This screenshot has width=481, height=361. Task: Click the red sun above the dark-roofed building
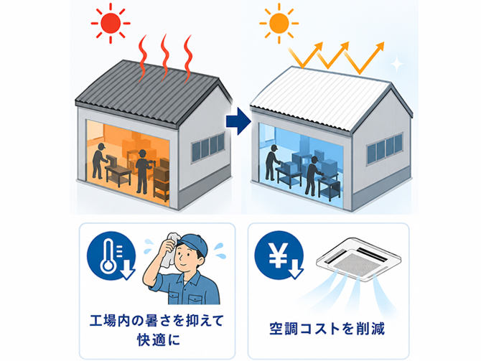(111, 23)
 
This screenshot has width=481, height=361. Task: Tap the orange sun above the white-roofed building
(279, 23)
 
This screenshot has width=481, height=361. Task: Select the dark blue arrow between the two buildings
(238, 121)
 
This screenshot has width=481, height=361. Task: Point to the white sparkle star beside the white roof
(396, 64)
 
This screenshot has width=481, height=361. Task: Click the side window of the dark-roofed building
(208, 147)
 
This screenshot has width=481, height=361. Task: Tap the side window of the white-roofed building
(384, 149)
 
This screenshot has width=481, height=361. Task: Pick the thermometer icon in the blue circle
(110, 256)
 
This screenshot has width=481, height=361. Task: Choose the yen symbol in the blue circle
(279, 254)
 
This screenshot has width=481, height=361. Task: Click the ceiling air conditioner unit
(358, 259)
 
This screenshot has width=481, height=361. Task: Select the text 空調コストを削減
(327, 329)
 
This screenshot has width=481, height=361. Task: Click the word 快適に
(158, 340)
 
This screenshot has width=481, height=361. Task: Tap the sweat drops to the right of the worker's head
(220, 250)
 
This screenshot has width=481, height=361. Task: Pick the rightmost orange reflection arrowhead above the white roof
(380, 46)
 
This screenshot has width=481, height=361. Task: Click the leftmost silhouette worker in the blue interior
(272, 162)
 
